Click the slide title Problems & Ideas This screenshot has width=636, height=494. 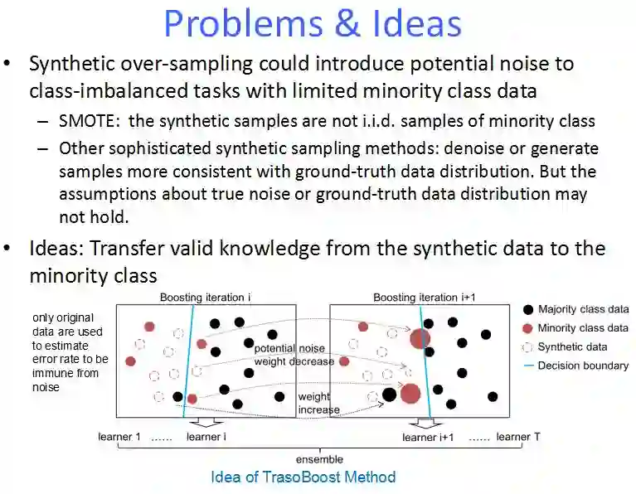pos(313,22)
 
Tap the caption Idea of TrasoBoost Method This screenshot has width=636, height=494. pos(303,477)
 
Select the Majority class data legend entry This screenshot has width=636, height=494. pos(583,309)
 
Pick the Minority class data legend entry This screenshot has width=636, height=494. pos(582,328)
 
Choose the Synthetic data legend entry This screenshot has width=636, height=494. pos(572,347)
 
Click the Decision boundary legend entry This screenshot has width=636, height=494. pos(583,366)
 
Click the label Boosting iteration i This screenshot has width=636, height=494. pos(204,298)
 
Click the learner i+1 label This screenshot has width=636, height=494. pos(428,437)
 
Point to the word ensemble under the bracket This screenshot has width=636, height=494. pos(319,458)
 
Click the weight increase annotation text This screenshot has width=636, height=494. pos(318,404)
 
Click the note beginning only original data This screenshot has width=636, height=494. pos(70,352)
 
